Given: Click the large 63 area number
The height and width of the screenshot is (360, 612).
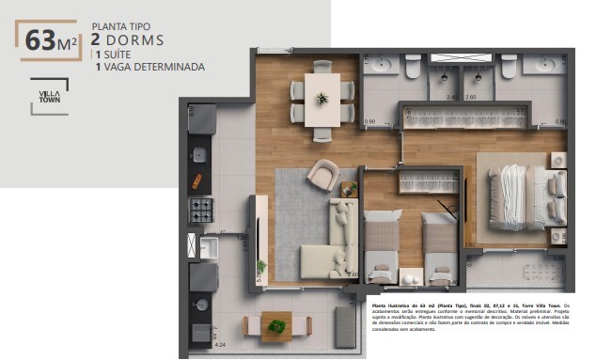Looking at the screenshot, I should click(x=40, y=40).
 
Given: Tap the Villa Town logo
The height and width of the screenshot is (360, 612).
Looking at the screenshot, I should click(x=49, y=96).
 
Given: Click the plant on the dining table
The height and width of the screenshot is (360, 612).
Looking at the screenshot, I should click(x=322, y=98).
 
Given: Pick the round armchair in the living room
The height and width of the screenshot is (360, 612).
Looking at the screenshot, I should click(x=322, y=173).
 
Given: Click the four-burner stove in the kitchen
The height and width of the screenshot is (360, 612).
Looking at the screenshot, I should click(x=201, y=210).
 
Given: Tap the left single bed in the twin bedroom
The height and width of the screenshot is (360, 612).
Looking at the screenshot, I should click(x=382, y=246).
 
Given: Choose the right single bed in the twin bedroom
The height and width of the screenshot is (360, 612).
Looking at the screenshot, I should click(x=440, y=246).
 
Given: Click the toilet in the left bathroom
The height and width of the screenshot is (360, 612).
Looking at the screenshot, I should click(x=412, y=67).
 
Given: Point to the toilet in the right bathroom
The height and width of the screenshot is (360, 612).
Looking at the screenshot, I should click(x=509, y=67).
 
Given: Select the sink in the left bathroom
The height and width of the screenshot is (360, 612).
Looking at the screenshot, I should click(x=381, y=64).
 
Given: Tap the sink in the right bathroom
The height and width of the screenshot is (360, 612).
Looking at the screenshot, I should click(x=544, y=64).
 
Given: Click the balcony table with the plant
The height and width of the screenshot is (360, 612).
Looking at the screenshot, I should click(x=275, y=326).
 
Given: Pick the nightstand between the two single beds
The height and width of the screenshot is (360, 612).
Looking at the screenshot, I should click(x=411, y=275).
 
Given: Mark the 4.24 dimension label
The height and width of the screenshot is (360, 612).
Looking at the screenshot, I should click(x=221, y=346).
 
